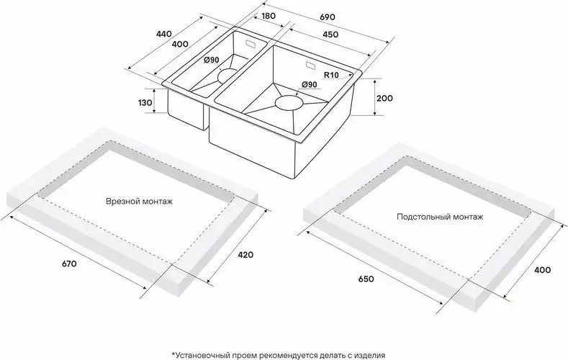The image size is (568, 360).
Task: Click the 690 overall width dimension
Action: [x=328, y=17]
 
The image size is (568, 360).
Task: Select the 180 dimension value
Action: [x=268, y=16]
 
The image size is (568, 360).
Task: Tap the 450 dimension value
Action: [x=330, y=35]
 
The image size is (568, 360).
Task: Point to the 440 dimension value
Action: [x=163, y=34]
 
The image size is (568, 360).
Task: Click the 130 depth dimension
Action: [x=145, y=103]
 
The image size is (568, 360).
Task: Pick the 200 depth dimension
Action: [x=384, y=98]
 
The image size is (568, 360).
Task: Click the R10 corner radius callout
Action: [x=331, y=75]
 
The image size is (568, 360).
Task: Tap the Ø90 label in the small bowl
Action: [x=211, y=60]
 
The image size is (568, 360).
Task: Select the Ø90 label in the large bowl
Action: [x=309, y=84]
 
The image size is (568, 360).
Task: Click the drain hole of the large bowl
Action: [x=289, y=102]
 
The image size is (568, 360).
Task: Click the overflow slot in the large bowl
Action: [x=311, y=66]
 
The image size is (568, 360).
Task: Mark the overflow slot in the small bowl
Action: [x=251, y=44]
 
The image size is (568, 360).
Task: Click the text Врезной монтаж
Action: [x=140, y=202]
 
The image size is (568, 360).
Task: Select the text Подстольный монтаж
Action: [x=440, y=217]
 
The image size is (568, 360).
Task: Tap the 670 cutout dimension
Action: [x=69, y=264]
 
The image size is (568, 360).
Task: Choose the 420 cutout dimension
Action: [x=245, y=255]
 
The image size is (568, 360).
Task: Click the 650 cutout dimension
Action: [x=366, y=279]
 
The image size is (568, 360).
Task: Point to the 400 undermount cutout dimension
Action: [x=543, y=270]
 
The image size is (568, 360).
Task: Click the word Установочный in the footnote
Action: [x=199, y=355]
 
